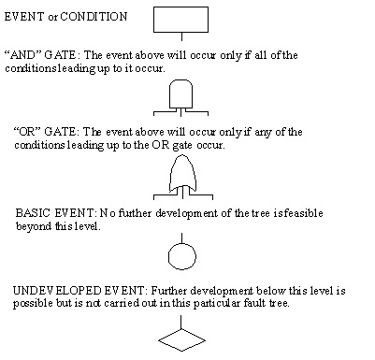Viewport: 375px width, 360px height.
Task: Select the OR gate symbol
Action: tap(180, 174)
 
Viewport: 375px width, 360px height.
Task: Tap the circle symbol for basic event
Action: tap(180, 254)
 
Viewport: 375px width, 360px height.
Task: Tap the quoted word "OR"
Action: tap(30, 132)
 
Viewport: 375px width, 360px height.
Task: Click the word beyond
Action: tap(30, 226)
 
